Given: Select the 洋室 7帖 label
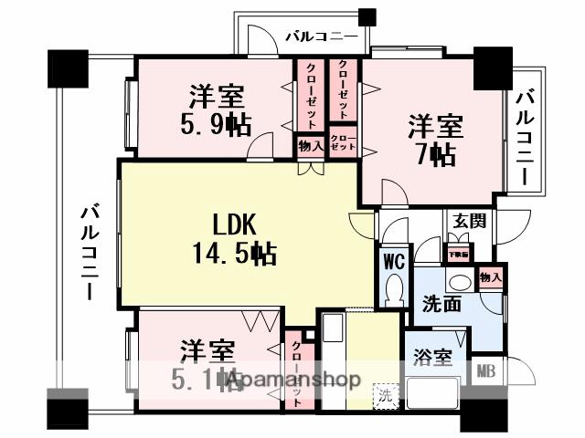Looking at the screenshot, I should coord(434,140).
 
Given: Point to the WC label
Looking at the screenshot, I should coord(394,261).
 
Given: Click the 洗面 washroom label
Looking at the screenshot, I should coord(441,304).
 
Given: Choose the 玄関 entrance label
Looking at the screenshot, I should coord(467,222).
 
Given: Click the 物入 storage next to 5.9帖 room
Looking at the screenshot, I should coord(310,145).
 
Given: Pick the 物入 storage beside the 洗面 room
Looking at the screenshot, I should coord(490,277).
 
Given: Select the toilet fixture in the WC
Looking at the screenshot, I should coord(394,290).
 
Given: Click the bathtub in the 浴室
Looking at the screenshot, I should coord(434,394).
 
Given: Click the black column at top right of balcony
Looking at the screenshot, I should coord(367,16).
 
